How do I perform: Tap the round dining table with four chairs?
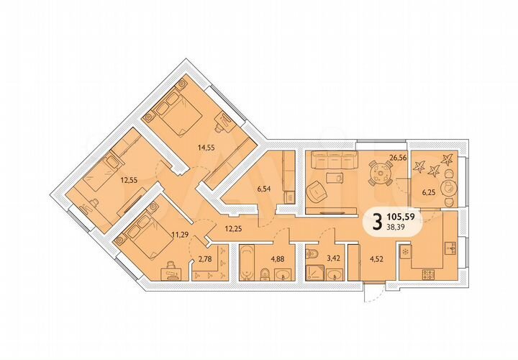coord(378,173)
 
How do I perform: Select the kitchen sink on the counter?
coord(451,248)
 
